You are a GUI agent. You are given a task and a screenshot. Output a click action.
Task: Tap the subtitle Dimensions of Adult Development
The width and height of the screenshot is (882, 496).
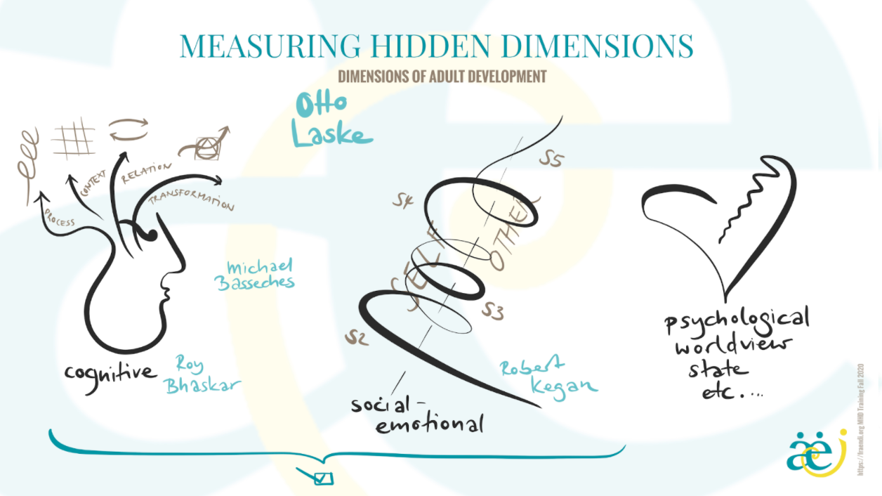pos(442,76)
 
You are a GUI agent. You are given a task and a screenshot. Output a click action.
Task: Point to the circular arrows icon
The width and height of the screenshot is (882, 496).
pos(129,131)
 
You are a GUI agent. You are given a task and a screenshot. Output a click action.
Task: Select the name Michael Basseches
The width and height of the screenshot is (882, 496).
pos(261,275)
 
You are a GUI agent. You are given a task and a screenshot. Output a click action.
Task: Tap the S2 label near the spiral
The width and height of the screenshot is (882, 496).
pos(356,339)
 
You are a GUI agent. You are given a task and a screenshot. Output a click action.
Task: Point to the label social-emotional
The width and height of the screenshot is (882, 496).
pos(420,415)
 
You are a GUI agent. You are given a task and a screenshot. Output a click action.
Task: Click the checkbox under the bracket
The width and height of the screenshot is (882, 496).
pos(323,478)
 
